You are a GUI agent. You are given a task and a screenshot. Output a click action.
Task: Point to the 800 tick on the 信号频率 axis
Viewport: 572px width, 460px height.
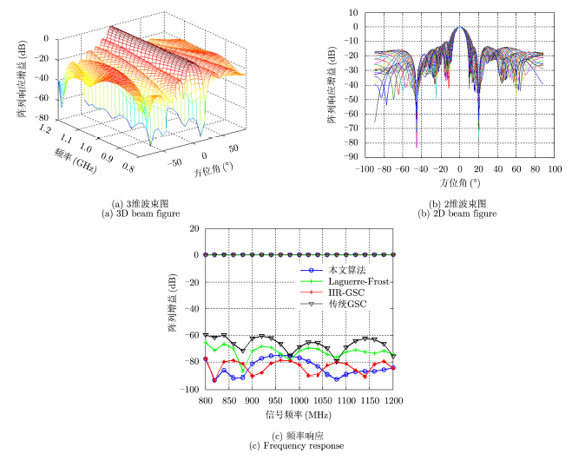[x=205, y=401]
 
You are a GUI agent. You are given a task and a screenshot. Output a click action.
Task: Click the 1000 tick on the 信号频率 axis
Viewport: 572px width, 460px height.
[x=299, y=401]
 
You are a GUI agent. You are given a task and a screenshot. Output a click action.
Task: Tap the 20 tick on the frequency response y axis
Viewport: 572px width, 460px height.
[x=194, y=229]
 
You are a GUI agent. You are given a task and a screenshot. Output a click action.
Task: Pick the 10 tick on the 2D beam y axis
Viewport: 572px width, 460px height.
[x=353, y=12]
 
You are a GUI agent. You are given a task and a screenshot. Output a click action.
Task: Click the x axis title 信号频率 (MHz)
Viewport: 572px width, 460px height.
[x=299, y=413]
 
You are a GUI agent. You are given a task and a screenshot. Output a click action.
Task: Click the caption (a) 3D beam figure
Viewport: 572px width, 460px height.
[x=143, y=214]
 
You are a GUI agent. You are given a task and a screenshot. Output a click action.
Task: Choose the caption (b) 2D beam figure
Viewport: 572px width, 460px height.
[x=457, y=214]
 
